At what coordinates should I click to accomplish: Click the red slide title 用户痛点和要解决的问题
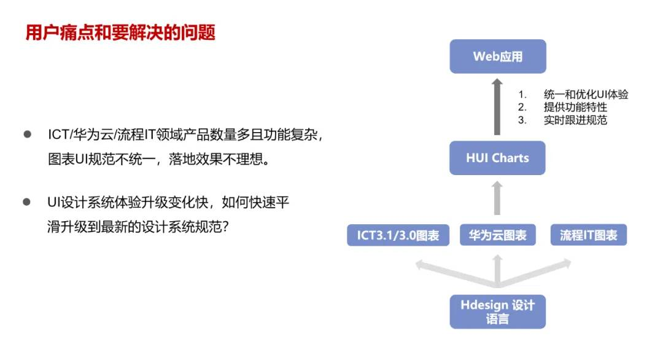pyautogui.click(x=120, y=33)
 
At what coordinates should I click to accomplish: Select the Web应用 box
pyautogui.click(x=498, y=57)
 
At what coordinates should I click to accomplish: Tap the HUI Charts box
pyautogui.click(x=497, y=158)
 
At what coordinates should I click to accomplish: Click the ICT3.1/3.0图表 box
pyautogui.click(x=398, y=235)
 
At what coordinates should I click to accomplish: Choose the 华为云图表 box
pyautogui.click(x=498, y=235)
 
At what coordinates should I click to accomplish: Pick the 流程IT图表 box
pyautogui.click(x=589, y=235)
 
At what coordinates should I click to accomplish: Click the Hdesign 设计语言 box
pyautogui.click(x=498, y=311)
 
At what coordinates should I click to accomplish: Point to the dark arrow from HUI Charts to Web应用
pyautogui.click(x=497, y=107)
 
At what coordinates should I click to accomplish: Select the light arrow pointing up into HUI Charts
pyautogui.click(x=497, y=198)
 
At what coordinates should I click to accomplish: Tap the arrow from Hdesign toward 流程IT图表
pyautogui.click(x=535, y=273)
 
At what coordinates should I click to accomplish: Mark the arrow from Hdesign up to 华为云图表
pyautogui.click(x=498, y=271)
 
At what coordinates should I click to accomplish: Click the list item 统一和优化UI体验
pyautogui.click(x=586, y=95)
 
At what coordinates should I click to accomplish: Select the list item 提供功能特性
pyautogui.click(x=575, y=107)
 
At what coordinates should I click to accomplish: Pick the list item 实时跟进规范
pyautogui.click(x=575, y=120)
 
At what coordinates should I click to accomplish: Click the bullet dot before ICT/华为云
pyautogui.click(x=28, y=135)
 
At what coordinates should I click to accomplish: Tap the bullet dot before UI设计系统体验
pyautogui.click(x=26, y=202)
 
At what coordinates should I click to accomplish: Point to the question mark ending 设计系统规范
pyautogui.click(x=225, y=227)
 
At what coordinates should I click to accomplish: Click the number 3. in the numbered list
pyautogui.click(x=522, y=120)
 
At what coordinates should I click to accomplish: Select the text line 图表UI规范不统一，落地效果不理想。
pyautogui.click(x=159, y=160)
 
